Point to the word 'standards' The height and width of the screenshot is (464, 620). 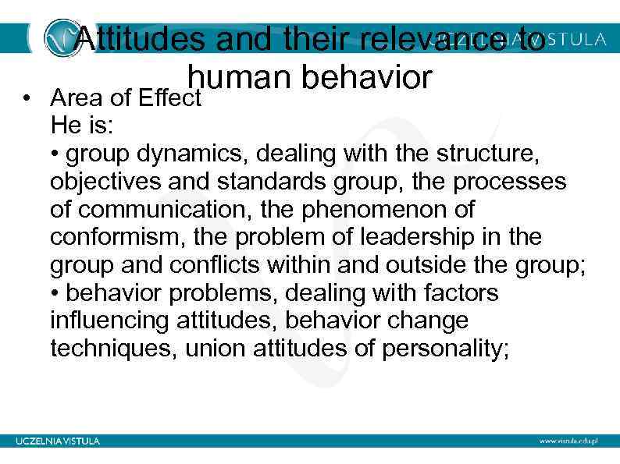pyautogui.click(x=251, y=182)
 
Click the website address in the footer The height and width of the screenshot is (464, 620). pyautogui.click(x=572, y=441)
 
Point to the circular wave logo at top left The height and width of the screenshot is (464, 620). pyautogui.click(x=60, y=37)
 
